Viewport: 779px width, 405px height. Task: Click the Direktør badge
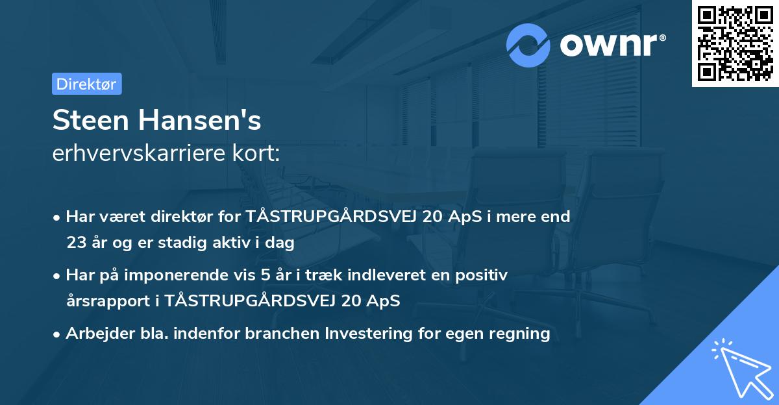pos(86,84)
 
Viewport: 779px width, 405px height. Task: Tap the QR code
pos(735,43)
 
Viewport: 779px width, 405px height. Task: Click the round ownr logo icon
pos(528,45)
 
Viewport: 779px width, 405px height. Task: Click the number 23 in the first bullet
pos(76,243)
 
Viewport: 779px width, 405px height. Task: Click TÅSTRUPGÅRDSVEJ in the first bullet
pos(332,217)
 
